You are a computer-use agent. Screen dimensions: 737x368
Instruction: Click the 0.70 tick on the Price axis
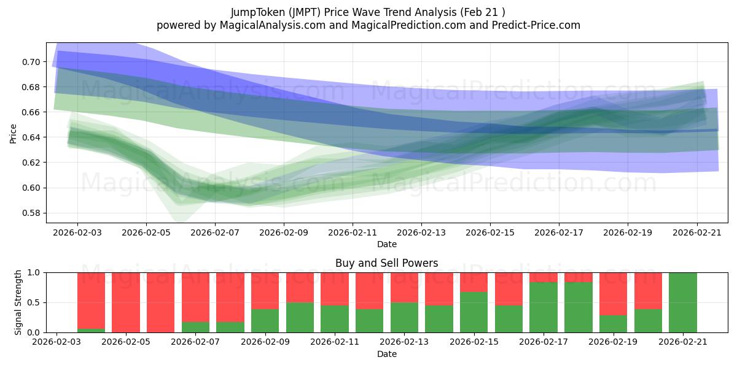(31, 62)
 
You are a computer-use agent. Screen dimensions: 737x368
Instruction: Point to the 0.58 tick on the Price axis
(31, 213)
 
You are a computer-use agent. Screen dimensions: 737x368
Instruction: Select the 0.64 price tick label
(31, 137)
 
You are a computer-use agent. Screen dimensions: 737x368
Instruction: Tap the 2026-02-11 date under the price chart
(353, 232)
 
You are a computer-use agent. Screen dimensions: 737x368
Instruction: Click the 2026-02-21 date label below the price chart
(697, 232)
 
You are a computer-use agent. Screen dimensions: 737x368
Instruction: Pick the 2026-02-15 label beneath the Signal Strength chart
(474, 342)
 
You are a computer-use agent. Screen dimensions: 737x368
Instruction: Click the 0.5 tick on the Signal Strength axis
(34, 302)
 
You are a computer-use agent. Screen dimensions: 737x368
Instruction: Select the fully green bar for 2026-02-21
(683, 302)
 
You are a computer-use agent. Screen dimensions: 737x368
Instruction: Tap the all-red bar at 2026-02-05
(126, 302)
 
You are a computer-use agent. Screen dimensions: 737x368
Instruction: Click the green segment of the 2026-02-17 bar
(544, 307)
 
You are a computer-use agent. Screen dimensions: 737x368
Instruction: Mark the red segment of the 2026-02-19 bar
(614, 294)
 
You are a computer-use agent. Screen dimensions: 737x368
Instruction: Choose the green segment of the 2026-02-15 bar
(474, 312)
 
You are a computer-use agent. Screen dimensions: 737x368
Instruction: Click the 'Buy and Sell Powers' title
(386, 263)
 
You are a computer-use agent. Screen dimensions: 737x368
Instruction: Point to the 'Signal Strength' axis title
(18, 302)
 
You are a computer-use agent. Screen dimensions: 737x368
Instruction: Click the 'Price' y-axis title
(13, 134)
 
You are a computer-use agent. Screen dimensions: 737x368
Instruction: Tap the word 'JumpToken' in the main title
(258, 12)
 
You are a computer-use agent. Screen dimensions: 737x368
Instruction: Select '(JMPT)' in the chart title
(305, 12)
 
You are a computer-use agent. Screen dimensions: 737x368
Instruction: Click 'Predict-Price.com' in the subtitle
(536, 25)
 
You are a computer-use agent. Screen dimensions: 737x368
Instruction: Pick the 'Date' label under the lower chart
(386, 354)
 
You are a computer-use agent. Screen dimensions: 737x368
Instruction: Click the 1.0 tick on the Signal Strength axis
(34, 273)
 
